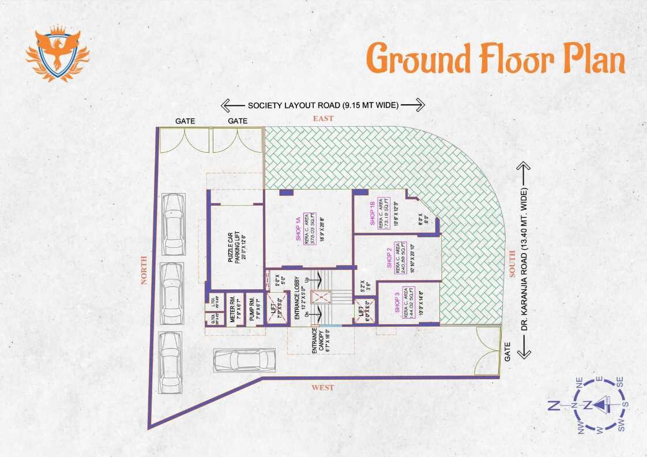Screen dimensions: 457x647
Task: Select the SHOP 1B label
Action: pyautogui.click(x=373, y=214)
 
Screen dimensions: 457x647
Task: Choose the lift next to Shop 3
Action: pyautogui.click(x=365, y=312)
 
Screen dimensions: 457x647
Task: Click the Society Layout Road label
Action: pyautogui.click(x=323, y=105)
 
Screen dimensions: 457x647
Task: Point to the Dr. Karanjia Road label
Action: pyautogui.click(x=524, y=260)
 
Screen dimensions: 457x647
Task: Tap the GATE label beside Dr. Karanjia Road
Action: pyautogui.click(x=508, y=352)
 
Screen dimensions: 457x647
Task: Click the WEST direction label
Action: pyautogui.click(x=323, y=388)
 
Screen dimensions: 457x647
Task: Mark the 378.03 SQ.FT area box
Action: pyautogui.click(x=309, y=229)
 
